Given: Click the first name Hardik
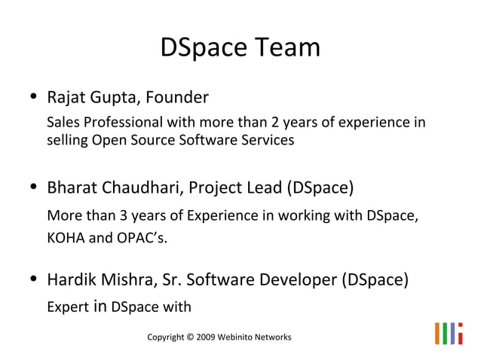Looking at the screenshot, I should tap(70, 280).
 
